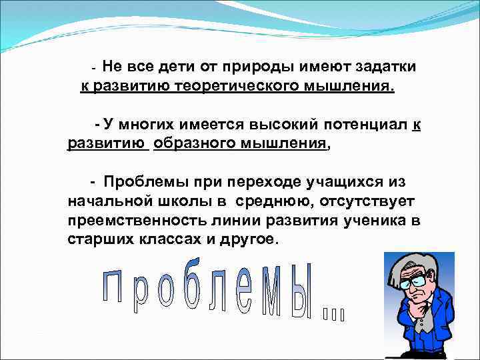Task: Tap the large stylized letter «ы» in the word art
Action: click(301, 297)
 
